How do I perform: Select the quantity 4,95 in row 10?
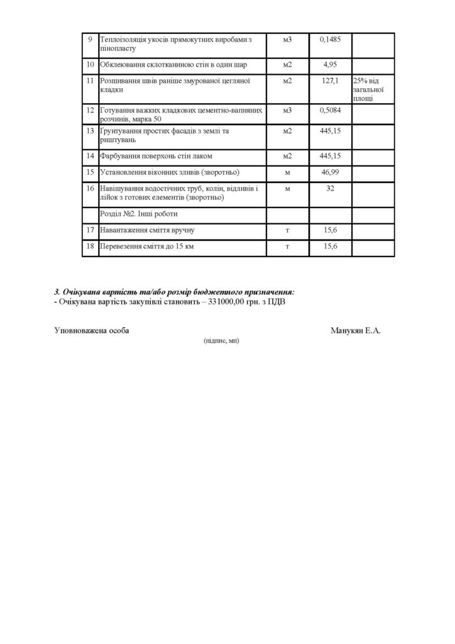tap(330, 64)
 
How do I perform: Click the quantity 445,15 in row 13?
tap(330, 131)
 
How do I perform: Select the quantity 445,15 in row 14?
tap(330, 155)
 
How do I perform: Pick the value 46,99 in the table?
tap(330, 172)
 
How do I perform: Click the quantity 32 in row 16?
tap(330, 189)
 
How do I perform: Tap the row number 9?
tap(90, 40)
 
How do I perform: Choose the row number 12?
tap(90, 110)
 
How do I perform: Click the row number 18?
tap(90, 247)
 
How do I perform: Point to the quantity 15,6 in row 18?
tap(330, 247)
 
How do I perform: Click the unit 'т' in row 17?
tap(287, 230)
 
